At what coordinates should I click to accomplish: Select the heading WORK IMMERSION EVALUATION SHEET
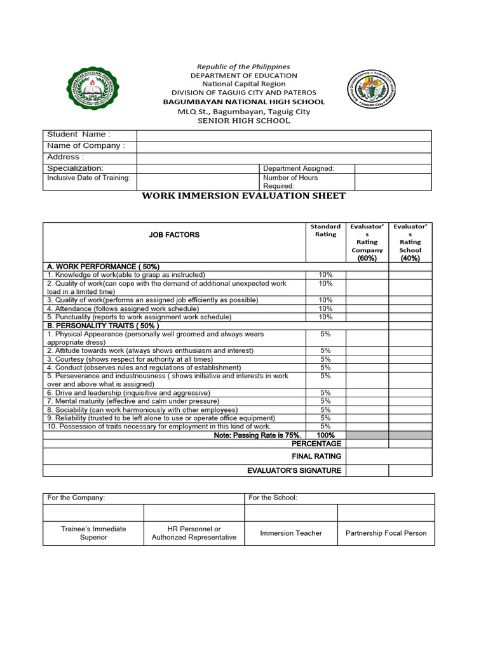pyautogui.click(x=243, y=196)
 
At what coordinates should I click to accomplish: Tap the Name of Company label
pyautogui.click(x=86, y=146)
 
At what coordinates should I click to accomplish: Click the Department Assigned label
pyautogui.click(x=298, y=168)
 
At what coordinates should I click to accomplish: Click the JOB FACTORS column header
pyautogui.click(x=174, y=235)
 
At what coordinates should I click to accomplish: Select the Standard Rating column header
pyautogui.click(x=325, y=230)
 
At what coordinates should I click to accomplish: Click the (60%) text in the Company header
pyautogui.click(x=367, y=258)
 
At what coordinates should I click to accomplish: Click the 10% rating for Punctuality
pyautogui.click(x=325, y=317)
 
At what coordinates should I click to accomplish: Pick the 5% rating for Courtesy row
pyautogui.click(x=325, y=359)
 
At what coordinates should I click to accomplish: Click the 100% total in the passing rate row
pyautogui.click(x=325, y=435)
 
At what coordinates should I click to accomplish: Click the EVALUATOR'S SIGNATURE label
pyautogui.click(x=294, y=470)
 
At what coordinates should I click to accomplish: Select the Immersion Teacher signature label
pyautogui.click(x=291, y=533)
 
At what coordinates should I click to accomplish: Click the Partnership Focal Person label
pyautogui.click(x=386, y=533)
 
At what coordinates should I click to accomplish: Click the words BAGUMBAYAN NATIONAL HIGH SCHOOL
pyautogui.click(x=243, y=102)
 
